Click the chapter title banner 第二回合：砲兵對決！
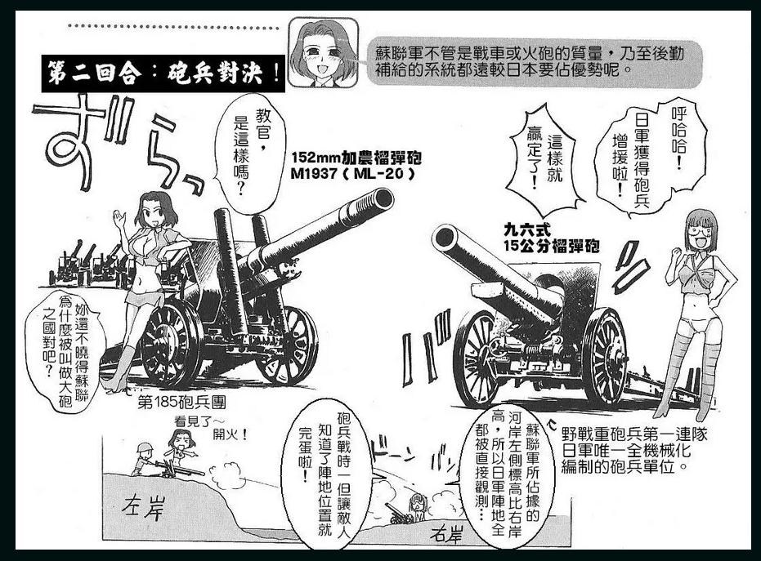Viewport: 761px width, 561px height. click(x=163, y=74)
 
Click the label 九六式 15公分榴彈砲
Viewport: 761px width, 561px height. click(x=551, y=238)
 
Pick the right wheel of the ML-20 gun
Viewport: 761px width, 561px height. click(x=289, y=345)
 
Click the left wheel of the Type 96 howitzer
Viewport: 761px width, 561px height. click(x=478, y=358)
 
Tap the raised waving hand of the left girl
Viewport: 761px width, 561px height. click(x=118, y=220)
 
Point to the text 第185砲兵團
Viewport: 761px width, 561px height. click(x=181, y=403)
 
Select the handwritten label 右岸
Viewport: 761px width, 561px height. click(x=446, y=533)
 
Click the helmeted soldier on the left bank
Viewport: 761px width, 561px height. click(x=144, y=458)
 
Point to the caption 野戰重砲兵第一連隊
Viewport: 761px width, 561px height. click(x=634, y=434)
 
